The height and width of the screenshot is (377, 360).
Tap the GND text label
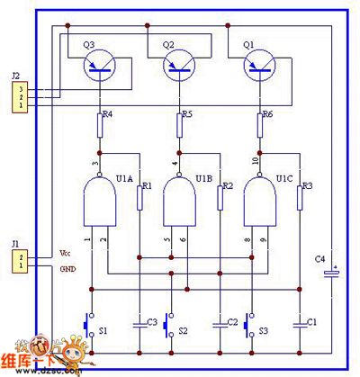coord(67,268)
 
